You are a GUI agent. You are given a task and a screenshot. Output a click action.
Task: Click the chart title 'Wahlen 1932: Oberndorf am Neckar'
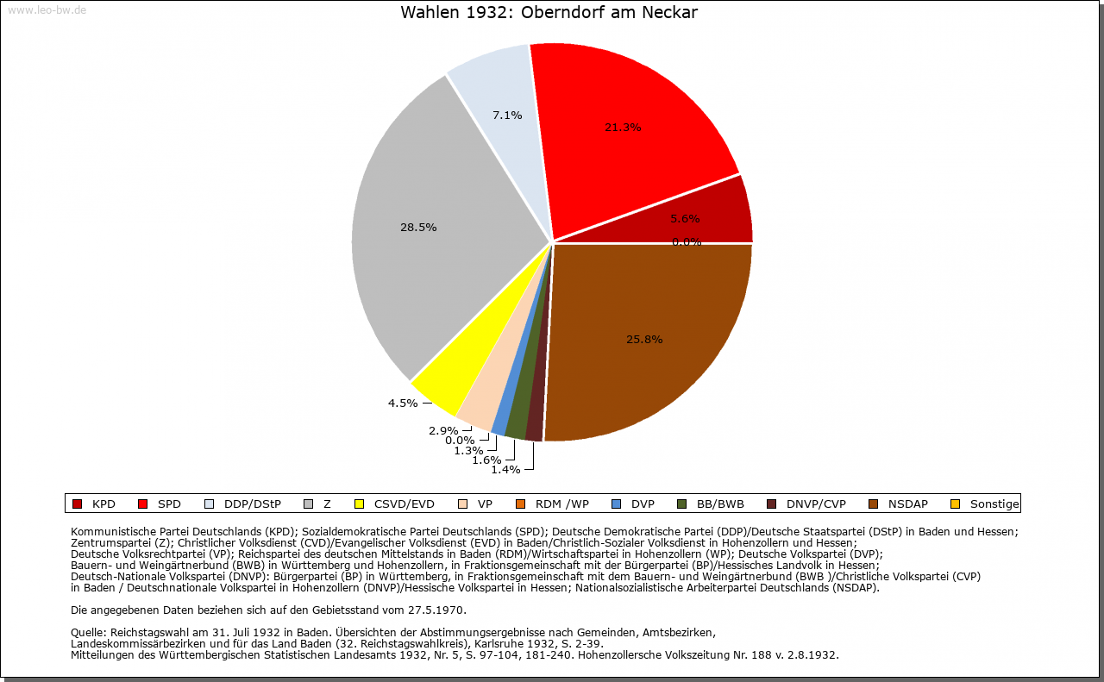click(x=549, y=13)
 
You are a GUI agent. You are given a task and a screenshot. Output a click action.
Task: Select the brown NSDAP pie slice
click(x=647, y=345)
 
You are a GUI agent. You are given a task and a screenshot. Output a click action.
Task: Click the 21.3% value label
click(x=622, y=127)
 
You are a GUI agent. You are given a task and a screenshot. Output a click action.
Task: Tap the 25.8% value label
click(x=644, y=339)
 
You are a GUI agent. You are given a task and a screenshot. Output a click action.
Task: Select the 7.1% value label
click(x=507, y=115)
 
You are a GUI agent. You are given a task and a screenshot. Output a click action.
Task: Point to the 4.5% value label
click(x=403, y=402)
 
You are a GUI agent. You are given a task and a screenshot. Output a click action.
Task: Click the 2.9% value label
click(x=443, y=430)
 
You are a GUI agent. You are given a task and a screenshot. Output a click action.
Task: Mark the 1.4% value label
click(x=505, y=469)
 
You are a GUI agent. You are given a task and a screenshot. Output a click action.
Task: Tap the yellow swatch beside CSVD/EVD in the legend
click(x=361, y=504)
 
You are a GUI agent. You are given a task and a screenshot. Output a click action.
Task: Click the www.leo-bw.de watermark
click(x=47, y=9)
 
